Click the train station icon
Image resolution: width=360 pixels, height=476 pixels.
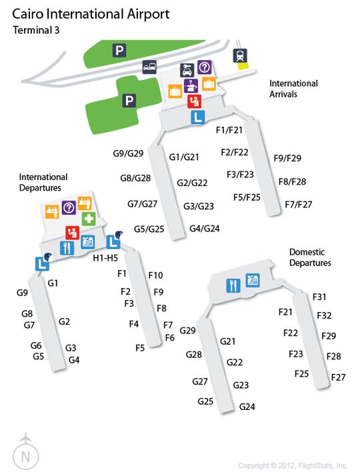[240, 55]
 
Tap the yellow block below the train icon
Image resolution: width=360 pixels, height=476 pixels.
[243, 66]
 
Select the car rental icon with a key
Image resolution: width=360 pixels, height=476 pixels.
[187, 71]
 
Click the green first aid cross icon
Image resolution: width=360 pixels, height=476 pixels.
[89, 219]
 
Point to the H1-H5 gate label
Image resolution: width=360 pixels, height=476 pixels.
[105, 258]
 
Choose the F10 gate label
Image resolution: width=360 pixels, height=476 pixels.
[155, 275]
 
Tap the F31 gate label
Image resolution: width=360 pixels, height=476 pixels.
[319, 297]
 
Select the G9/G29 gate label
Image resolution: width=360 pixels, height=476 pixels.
[128, 153]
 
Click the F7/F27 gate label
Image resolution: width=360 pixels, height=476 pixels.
[299, 204]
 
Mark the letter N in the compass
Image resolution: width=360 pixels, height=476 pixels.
[25, 457]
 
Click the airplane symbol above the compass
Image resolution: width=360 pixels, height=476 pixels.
[26, 438]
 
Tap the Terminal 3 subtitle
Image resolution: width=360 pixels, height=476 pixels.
[36, 30]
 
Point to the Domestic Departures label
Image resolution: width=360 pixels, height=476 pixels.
[310, 257]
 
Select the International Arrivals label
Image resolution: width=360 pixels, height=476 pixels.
[293, 89]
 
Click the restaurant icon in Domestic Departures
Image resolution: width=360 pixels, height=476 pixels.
[233, 285]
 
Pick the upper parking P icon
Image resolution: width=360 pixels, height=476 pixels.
[119, 50]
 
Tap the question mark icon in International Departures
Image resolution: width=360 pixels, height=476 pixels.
[69, 207]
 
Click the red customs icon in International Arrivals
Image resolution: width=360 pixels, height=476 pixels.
[194, 101]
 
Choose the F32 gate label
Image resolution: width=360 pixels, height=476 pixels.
[324, 315]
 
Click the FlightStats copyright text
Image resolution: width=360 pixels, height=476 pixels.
[293, 466]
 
